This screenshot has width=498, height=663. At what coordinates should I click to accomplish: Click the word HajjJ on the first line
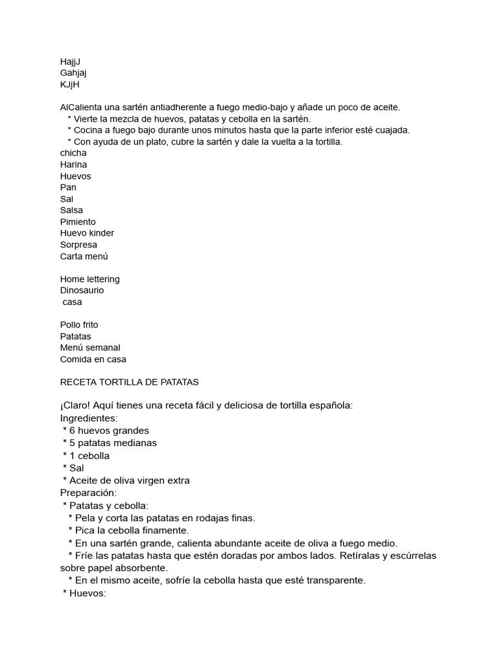tap(70, 62)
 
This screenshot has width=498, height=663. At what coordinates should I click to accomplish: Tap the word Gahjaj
tap(73, 73)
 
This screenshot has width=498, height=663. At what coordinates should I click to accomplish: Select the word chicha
tap(73, 153)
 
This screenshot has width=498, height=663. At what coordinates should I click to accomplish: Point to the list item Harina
tap(73, 164)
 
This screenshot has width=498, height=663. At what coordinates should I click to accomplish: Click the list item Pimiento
tap(78, 221)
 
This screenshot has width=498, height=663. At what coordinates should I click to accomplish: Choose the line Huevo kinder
tap(87, 233)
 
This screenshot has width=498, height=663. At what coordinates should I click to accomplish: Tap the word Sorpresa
tap(78, 245)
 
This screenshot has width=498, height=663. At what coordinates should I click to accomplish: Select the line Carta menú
tap(84, 256)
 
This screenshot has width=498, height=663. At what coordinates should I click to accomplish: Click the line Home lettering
tap(90, 279)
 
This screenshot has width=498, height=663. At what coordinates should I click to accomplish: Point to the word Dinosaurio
tap(82, 291)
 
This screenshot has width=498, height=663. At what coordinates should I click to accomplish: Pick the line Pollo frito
tap(79, 325)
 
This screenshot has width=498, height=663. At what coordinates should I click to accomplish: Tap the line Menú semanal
tap(90, 348)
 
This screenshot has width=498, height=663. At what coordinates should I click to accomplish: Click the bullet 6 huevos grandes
tap(109, 431)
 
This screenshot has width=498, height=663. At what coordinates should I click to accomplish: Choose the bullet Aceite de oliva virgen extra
tap(129, 480)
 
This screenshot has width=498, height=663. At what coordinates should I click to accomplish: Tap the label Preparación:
tap(88, 493)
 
